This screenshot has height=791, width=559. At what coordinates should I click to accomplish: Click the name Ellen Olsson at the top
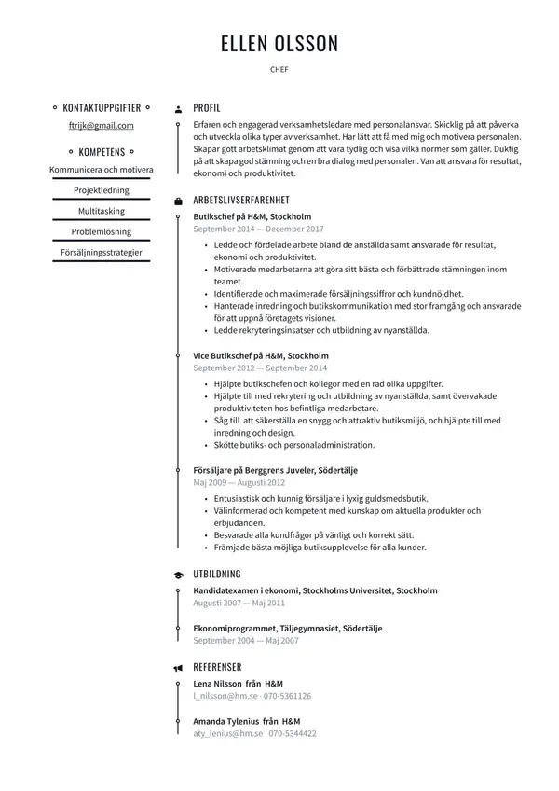point(279,44)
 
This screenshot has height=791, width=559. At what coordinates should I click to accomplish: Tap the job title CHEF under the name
point(279,69)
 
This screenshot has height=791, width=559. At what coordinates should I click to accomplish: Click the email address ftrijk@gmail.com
point(102,126)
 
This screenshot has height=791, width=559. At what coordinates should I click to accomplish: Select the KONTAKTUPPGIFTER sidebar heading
point(102,108)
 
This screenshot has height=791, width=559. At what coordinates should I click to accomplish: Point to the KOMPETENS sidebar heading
point(102,151)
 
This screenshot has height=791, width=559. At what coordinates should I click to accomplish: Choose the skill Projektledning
point(102,190)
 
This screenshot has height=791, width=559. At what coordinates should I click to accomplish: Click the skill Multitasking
point(102,211)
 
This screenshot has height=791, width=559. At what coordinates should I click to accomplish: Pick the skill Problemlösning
point(102,231)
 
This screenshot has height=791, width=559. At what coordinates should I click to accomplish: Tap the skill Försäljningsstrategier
point(102,252)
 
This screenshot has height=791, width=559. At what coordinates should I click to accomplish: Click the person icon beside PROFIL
point(178,109)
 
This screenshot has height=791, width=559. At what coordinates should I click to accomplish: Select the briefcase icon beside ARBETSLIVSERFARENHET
point(178,201)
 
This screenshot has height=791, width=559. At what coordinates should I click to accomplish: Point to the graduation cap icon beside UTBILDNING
point(178,575)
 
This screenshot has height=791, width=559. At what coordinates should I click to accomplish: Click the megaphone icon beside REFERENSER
point(178,668)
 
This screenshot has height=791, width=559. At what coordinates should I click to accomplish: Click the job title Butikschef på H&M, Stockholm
point(252,216)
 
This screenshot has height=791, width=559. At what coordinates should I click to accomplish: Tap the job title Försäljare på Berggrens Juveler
point(276,470)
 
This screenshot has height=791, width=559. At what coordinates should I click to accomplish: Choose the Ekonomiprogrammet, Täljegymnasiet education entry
point(288,629)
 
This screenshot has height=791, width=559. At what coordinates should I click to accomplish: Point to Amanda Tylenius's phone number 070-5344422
point(293,734)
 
